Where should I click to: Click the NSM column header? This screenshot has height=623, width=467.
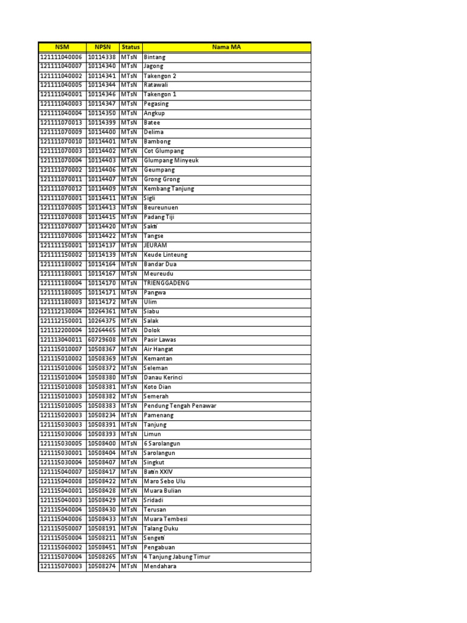pyautogui.click(x=62, y=47)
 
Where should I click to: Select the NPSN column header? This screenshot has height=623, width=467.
pyautogui.click(x=102, y=47)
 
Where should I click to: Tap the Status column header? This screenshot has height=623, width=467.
pyautogui.click(x=130, y=47)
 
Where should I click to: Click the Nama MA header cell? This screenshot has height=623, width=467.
pyautogui.click(x=226, y=47)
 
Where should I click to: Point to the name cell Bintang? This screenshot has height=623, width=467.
pyautogui.click(x=154, y=57)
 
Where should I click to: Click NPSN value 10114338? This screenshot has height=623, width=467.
pyautogui.click(x=102, y=57)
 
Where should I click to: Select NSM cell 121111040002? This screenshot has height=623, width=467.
pyautogui.click(x=61, y=75)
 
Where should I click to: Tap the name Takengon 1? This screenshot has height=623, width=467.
pyautogui.click(x=160, y=94)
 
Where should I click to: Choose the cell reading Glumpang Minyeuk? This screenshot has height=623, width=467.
pyautogui.click(x=171, y=161)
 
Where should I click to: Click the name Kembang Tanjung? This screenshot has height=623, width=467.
pyautogui.click(x=169, y=189)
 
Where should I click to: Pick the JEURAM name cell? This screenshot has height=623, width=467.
pyautogui.click(x=155, y=245)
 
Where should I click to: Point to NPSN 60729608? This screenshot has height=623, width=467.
pyautogui.click(x=102, y=339)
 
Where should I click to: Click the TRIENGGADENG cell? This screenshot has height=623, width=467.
pyautogui.click(x=167, y=283)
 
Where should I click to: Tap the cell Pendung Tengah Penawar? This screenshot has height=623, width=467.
pyautogui.click(x=180, y=406)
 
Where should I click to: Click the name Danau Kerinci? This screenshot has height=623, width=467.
pyautogui.click(x=163, y=377)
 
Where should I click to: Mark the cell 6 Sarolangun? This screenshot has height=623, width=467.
pyautogui.click(x=162, y=444)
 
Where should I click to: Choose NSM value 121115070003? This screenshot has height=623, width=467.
pyautogui.click(x=61, y=566)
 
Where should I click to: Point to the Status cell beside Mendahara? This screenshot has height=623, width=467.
pyautogui.click(x=129, y=566)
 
